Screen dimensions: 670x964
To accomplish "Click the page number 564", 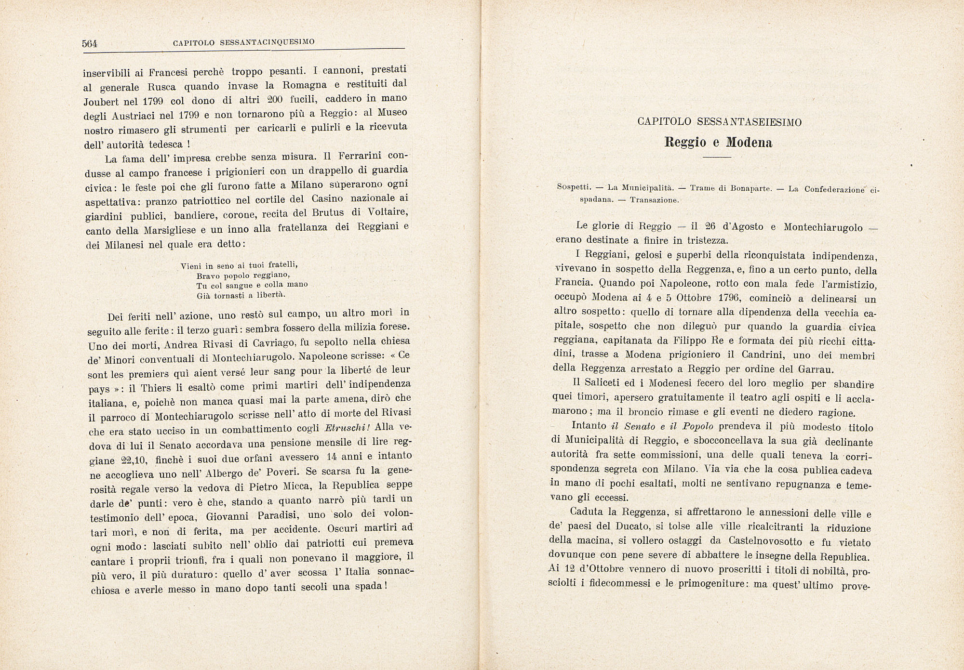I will (90, 44).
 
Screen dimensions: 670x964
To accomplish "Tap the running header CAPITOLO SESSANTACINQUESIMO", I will (243, 42).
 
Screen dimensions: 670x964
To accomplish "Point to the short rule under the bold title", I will (717, 158).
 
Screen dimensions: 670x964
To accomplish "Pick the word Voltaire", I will (388, 212).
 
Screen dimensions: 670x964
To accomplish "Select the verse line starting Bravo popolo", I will (243, 276).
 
